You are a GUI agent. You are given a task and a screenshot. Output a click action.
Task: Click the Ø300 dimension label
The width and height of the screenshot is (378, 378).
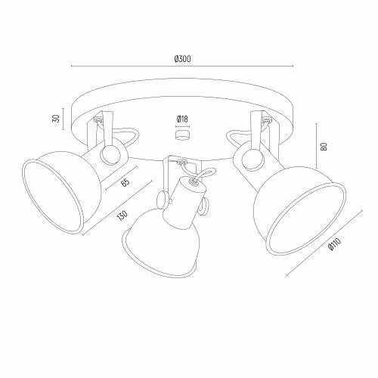tap(182, 59)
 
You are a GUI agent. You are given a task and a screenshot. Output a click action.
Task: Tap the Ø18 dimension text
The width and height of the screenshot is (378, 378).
tap(182, 119)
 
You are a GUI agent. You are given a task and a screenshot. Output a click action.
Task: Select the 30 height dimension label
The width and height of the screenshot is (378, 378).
tap(57, 119)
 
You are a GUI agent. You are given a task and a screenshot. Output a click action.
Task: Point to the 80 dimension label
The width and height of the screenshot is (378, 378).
tap(324, 147)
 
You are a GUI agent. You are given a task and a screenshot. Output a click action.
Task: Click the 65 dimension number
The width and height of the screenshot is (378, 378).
tap(125, 182)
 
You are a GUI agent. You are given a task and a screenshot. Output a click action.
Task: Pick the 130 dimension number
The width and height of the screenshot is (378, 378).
tap(122, 215)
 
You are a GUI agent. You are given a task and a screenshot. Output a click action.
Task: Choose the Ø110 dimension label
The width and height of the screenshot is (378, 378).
tap(335, 244)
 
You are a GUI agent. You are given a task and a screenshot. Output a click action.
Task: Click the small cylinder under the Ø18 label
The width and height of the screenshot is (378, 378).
tap(182, 135)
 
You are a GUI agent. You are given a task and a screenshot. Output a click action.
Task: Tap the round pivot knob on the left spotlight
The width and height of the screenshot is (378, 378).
tap(110, 155)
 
